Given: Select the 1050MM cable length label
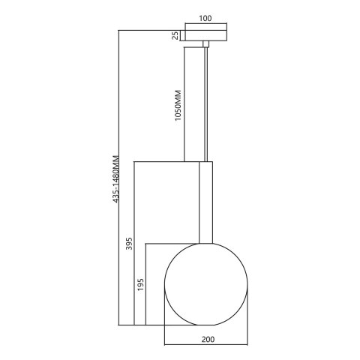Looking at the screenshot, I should coord(178,106).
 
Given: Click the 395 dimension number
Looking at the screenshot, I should coord(129,246).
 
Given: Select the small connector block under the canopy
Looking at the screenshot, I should coord(205,45).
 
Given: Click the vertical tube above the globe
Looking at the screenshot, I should coord(205,202).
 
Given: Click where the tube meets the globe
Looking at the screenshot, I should coord(205,244).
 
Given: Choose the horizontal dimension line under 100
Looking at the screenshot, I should coord(205,24).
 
